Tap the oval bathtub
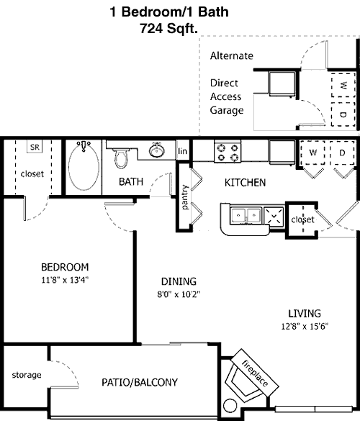point(84,167)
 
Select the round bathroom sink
point(156,150)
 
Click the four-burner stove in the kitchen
point(228,152)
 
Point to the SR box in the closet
point(35,147)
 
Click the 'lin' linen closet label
point(182,151)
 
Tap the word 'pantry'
point(185,197)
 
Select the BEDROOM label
point(65,267)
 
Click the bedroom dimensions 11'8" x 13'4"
point(65,280)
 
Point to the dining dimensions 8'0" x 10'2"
point(179,294)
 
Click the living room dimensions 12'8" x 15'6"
point(305,326)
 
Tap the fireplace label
point(255,373)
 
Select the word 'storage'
point(27,375)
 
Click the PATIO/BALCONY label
point(140,382)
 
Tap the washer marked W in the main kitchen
point(312,153)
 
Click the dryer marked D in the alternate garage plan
point(343,114)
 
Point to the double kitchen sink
point(246,216)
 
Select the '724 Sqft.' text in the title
point(168,28)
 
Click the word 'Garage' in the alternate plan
point(227,111)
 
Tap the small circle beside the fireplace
point(230,406)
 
